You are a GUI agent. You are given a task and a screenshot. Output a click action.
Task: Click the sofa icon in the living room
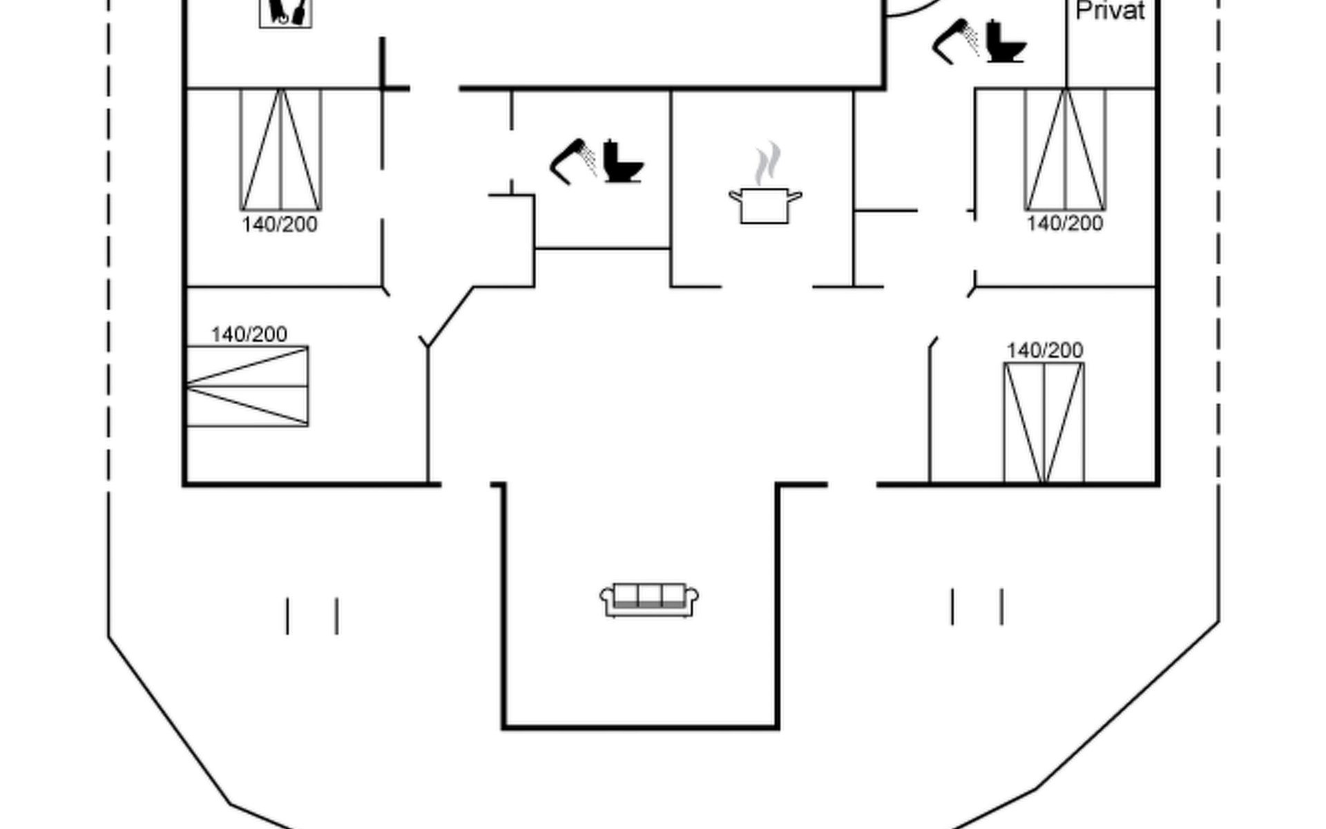648,600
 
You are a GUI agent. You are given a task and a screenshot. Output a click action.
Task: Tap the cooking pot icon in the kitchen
765,205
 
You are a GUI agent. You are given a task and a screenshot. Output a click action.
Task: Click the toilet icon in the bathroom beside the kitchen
622,162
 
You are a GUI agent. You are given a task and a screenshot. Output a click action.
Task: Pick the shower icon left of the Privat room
955,41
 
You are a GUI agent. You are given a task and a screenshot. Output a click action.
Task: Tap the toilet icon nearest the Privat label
1006,42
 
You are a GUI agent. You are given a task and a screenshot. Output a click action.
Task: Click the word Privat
1110,10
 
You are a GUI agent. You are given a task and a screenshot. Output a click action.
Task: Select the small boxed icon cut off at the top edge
285,12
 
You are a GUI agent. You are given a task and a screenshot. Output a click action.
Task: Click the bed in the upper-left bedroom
280,149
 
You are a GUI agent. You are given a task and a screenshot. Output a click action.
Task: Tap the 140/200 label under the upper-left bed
280,225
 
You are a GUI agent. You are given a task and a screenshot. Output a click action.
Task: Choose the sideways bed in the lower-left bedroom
247,386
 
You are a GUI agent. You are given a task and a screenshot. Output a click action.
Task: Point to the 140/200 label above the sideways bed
249,334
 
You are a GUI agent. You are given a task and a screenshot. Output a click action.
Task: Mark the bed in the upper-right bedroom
1065,149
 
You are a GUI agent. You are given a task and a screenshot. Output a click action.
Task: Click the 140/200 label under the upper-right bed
1064,224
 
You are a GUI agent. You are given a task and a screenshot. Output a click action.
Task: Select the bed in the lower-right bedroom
1044,422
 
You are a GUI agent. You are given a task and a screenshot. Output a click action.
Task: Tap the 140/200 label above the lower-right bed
1044,350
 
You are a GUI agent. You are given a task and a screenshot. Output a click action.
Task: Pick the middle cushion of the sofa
649,595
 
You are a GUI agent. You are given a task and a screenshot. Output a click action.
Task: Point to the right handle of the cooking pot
795,197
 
